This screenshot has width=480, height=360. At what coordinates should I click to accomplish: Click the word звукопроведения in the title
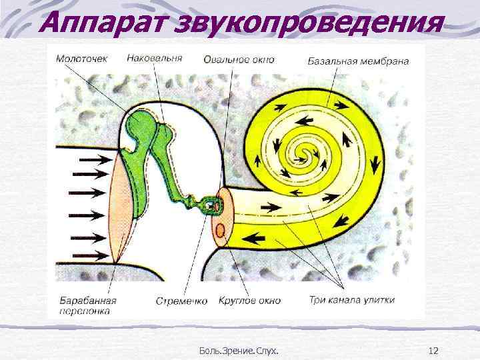pos(306,21)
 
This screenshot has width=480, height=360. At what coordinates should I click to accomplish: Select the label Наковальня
pos(156,58)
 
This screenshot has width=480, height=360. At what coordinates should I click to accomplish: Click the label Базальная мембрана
pos(358,61)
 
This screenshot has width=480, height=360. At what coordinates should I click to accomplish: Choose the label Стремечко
pos(181,301)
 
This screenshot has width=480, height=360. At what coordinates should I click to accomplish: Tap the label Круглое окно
pos(251,301)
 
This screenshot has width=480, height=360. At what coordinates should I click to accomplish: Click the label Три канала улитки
pos(352,300)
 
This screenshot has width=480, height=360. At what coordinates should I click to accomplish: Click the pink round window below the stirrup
pos(218,232)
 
